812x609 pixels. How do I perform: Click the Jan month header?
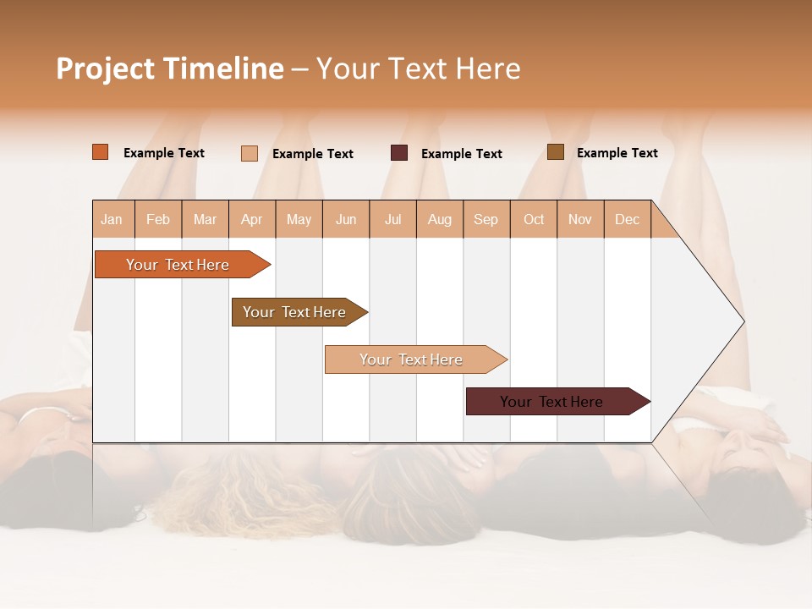pos(112,219)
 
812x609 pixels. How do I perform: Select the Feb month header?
pos(158,219)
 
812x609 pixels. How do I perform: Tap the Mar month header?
pos(205,219)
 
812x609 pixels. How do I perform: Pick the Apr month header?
pos(252,219)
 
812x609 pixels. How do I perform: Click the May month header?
pos(299,219)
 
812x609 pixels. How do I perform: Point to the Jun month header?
pos(346,219)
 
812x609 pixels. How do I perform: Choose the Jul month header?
pos(392,219)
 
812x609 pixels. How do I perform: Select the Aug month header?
pos(440,219)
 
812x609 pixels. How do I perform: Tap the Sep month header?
pos(486,219)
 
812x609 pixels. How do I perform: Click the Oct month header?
pos(534,219)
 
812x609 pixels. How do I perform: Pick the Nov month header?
pos(580,219)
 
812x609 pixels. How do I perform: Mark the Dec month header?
pos(628,219)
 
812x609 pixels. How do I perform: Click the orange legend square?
pos(101,152)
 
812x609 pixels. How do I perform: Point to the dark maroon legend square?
pos(399,152)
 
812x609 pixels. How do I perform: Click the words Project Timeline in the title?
pos(170,69)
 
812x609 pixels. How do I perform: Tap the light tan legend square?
pos(250,153)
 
